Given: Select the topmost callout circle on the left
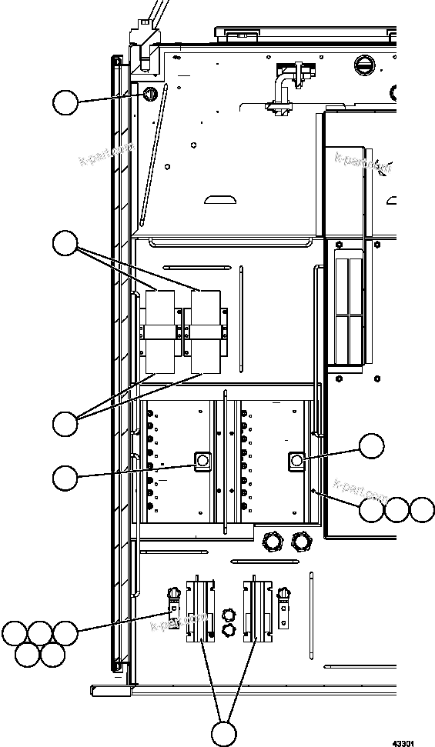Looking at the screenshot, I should coord(65,102).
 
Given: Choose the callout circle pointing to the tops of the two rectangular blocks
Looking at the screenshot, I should coord(65,245).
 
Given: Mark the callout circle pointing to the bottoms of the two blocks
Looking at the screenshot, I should coord(65,422).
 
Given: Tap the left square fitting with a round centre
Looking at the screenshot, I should coord(203,460).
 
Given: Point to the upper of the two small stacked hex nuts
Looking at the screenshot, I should coord(228,613).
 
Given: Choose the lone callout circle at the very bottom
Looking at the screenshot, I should coord(223,734).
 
